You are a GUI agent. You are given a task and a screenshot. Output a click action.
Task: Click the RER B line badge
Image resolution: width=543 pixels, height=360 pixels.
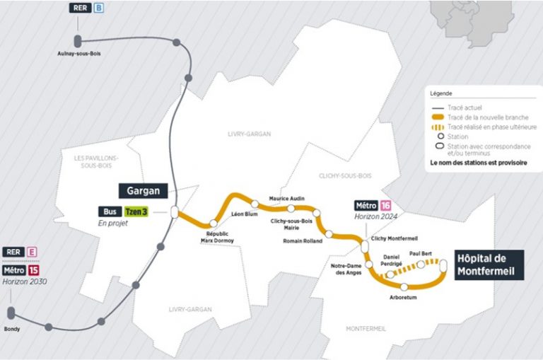[x=99, y=8]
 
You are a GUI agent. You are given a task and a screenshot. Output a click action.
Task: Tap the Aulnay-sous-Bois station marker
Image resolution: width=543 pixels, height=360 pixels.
[x=77, y=41]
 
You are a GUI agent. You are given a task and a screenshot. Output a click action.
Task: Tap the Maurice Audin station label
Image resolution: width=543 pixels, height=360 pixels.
[x=287, y=199]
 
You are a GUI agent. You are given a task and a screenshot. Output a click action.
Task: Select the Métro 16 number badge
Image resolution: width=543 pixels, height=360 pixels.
[x=386, y=205]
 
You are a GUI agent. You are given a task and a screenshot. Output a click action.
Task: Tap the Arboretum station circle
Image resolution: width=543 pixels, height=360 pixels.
[x=404, y=286]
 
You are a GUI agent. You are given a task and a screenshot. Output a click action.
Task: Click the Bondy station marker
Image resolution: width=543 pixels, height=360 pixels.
[x=11, y=313]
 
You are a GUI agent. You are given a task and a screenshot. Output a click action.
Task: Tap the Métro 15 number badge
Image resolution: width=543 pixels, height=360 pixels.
[x=34, y=270]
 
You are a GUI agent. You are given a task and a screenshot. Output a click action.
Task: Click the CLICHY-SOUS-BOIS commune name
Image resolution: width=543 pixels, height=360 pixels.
[x=344, y=175]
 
